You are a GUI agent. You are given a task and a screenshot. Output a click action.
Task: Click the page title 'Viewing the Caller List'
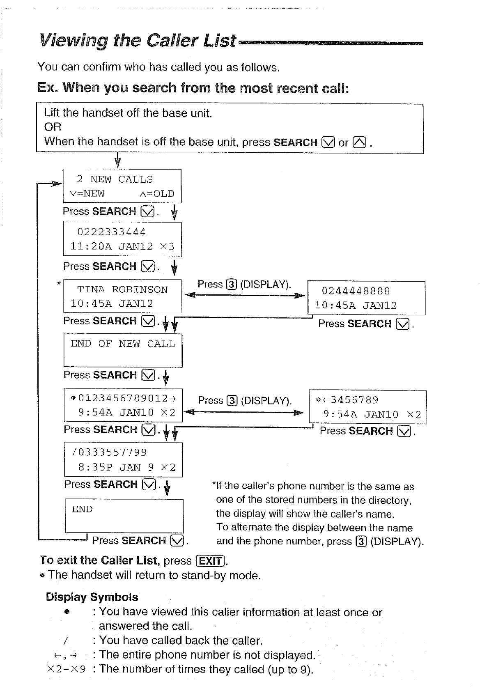[x=138, y=41]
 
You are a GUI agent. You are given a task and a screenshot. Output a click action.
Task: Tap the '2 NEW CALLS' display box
[x=122, y=186]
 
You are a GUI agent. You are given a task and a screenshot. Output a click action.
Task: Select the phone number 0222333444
[x=111, y=232]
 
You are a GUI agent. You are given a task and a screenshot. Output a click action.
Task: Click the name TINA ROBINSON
[x=122, y=289]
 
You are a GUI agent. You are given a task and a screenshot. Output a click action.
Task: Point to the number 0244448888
[x=356, y=291]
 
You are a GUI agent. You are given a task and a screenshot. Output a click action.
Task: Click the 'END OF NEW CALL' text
[x=123, y=344]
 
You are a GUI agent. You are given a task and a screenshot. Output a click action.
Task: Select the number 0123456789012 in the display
[x=123, y=398]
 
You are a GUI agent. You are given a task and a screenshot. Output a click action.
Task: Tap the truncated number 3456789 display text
[x=354, y=400]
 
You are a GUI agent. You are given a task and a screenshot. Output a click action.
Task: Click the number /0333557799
[x=109, y=452]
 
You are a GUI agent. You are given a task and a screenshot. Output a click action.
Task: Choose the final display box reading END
[x=124, y=516]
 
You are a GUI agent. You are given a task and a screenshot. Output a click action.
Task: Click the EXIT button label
[x=211, y=561]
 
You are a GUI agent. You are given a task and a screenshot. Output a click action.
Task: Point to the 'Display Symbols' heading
[x=92, y=597]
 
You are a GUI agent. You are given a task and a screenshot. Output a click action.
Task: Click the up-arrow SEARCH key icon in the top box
[x=359, y=142]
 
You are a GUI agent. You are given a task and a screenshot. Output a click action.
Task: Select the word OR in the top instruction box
[x=53, y=127]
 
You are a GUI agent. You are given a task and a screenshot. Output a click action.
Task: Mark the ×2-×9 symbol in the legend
[x=67, y=669]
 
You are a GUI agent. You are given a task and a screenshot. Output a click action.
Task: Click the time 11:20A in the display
[x=91, y=246]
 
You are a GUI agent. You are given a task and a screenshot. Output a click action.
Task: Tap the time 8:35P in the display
[x=95, y=467]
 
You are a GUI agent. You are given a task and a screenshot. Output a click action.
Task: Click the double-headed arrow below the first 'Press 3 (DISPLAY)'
[x=245, y=295]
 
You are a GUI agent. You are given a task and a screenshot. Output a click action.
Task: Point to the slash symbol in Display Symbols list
[x=65, y=641]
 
